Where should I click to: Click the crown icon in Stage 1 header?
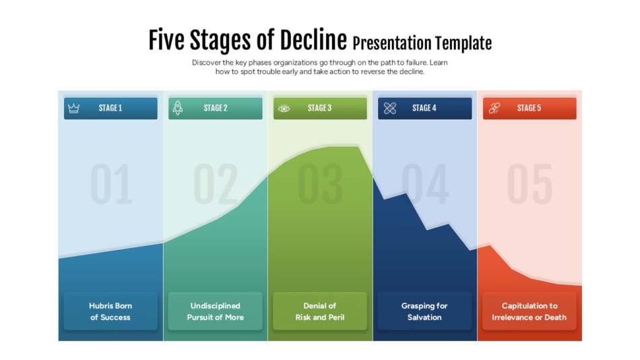74,109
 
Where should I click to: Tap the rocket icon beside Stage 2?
178,108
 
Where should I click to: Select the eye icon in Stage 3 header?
284,109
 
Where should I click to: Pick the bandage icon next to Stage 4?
389,108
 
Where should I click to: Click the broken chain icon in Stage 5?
494,108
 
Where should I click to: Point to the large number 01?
111,184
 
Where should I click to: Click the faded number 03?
320,184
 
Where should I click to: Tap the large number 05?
530,184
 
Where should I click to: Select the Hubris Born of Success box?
110,311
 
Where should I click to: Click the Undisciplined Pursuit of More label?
215,311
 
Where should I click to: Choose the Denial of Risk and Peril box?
320,311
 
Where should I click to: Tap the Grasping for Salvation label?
424,311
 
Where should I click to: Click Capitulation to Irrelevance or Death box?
529,311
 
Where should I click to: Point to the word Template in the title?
463,44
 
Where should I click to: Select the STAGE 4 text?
424,108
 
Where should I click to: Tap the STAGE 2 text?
216,108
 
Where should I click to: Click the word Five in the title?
166,41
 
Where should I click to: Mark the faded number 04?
425,184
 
